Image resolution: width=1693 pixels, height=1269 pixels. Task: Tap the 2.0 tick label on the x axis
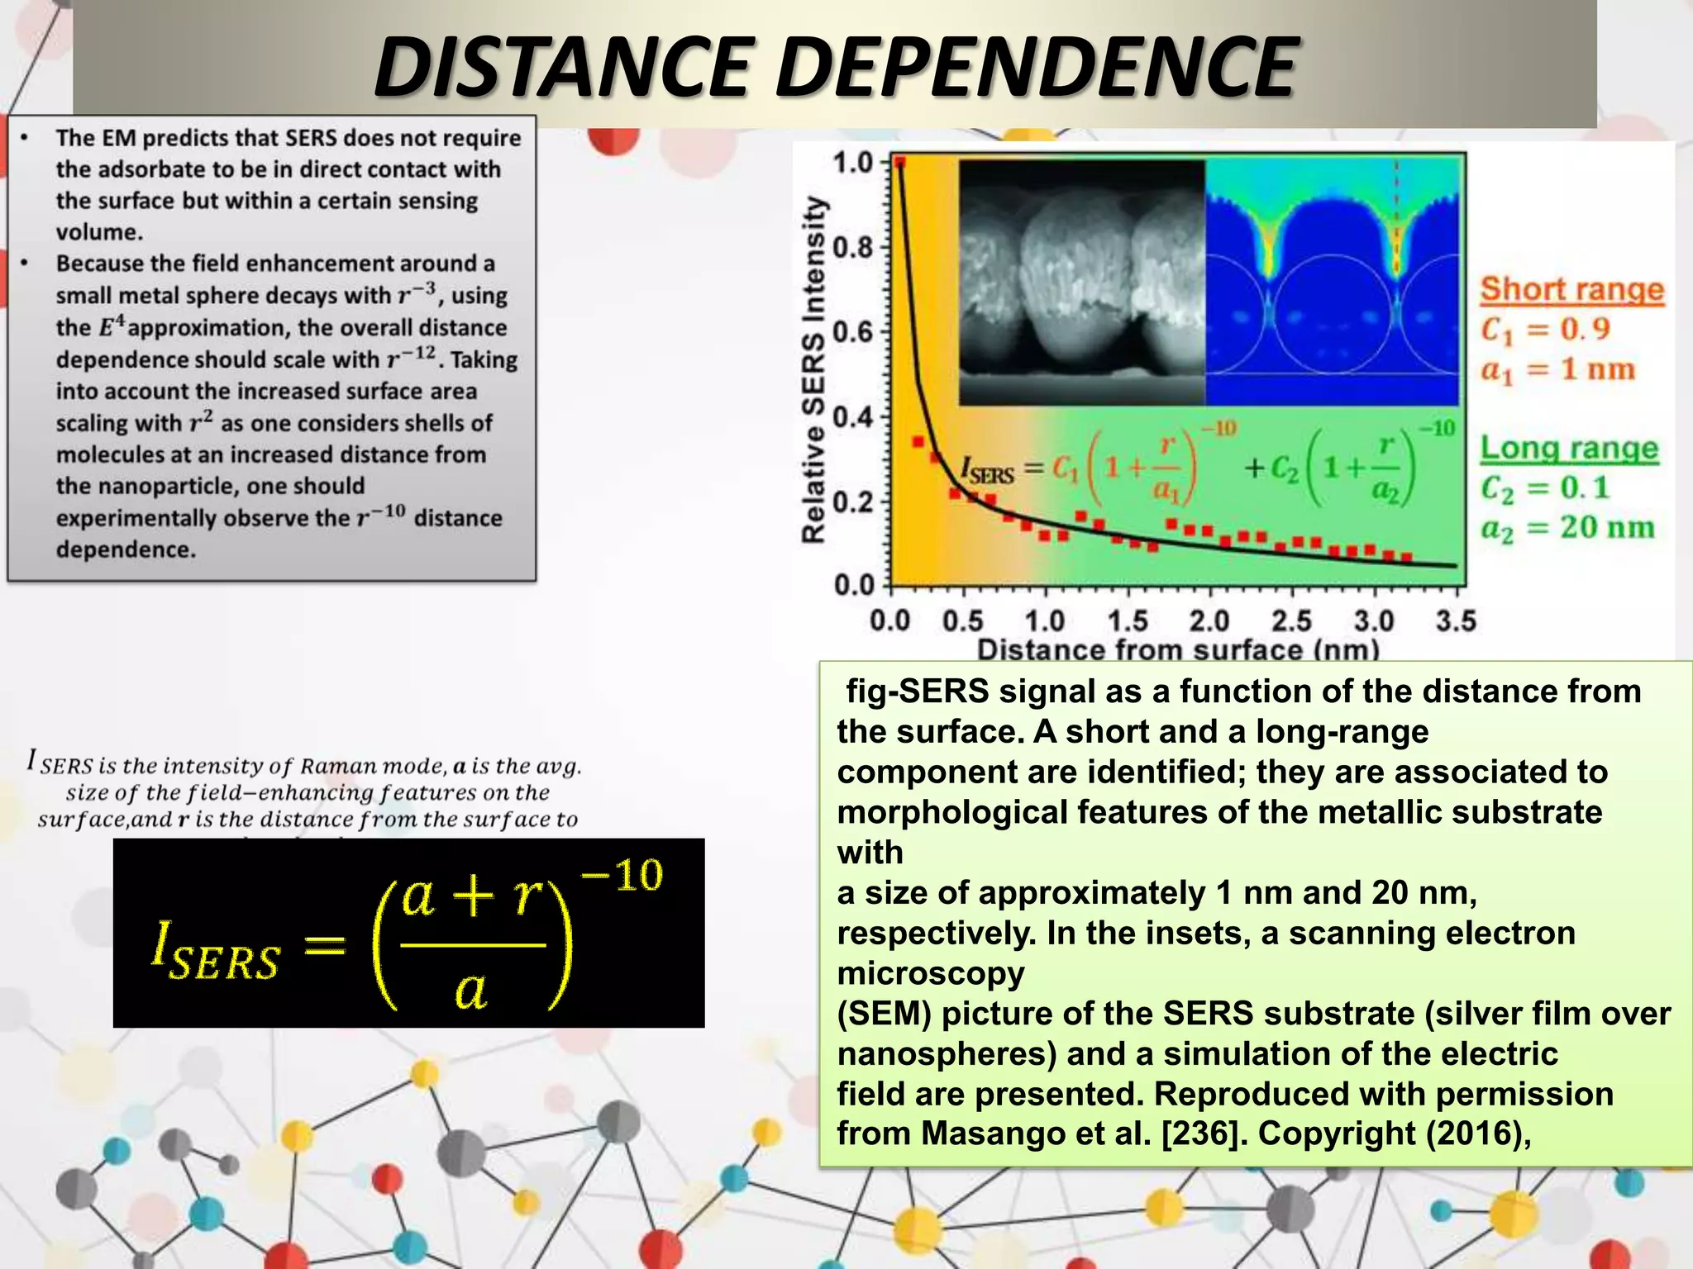coord(1209,620)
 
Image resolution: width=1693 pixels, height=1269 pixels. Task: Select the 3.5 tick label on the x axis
coord(1455,620)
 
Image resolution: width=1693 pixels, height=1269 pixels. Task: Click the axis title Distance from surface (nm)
coord(1178,649)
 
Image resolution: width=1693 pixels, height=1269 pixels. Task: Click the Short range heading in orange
coord(1571,290)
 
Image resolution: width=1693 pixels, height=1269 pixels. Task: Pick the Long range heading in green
coord(1569,449)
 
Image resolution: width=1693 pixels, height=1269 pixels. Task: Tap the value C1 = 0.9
coord(1545,330)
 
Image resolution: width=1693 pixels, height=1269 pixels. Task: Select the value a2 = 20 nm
coord(1567,528)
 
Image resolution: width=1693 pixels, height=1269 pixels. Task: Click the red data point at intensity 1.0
coord(899,163)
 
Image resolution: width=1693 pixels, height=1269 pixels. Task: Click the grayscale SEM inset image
coord(1081,283)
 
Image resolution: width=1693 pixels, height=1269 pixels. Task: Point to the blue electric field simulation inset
coord(1331,283)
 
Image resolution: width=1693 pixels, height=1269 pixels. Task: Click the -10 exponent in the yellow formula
coord(622,876)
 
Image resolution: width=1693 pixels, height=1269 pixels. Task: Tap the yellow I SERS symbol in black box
coord(215,954)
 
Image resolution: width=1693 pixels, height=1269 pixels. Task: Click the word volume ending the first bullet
coord(99,232)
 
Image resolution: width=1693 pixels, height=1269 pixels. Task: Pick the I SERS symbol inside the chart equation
coord(987,471)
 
